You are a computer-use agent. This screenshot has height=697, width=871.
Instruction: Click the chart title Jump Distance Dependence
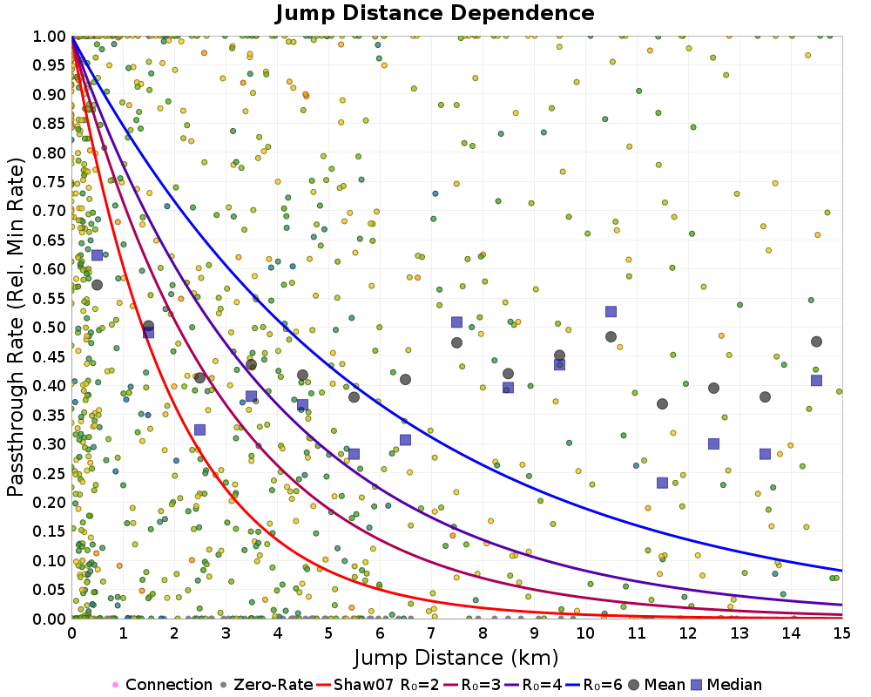(435, 14)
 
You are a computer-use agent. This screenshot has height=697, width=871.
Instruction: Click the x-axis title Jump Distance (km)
(456, 656)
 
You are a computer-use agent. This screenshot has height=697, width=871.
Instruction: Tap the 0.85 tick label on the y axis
(50, 123)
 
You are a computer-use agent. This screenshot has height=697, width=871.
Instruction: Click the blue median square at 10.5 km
(611, 312)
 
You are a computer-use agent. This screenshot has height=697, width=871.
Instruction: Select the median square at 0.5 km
(97, 255)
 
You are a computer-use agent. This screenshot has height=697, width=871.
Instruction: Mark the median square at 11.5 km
(662, 483)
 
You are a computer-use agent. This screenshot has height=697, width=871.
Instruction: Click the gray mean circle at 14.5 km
(816, 342)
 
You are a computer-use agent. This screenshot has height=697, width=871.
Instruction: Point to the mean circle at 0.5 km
(97, 285)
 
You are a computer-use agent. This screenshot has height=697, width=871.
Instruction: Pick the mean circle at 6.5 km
(405, 379)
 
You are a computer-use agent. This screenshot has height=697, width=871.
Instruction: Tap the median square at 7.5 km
(456, 322)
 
